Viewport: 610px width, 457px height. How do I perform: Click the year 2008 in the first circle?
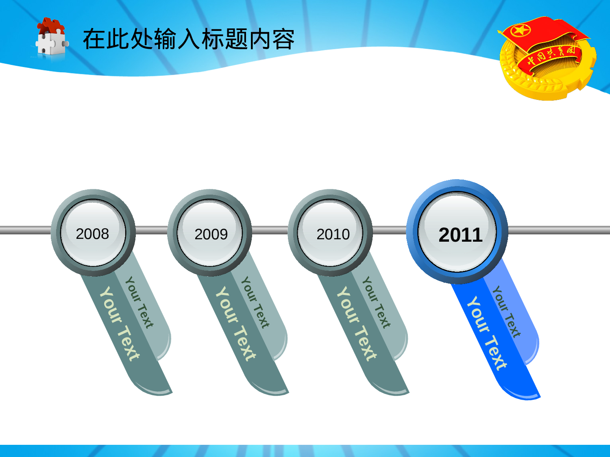(x=92, y=234)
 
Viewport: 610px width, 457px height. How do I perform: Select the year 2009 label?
(x=211, y=234)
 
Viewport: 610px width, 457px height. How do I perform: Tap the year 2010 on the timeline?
(x=333, y=234)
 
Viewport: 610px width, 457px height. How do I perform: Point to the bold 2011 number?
(x=460, y=235)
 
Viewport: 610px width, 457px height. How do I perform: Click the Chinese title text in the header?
(x=189, y=39)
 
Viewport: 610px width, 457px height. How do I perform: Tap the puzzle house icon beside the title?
(x=51, y=37)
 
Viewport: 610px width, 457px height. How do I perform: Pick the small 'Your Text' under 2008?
(x=139, y=302)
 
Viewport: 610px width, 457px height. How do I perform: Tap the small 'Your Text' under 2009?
(x=255, y=302)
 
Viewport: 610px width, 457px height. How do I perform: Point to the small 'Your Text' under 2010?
(x=376, y=302)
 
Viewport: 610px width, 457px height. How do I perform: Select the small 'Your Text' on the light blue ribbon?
(x=506, y=312)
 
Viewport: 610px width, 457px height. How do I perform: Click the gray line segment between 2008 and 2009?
(x=151, y=231)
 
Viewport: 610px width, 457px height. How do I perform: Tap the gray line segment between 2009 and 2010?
(x=270, y=231)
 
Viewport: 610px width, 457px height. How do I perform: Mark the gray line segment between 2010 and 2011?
(x=389, y=231)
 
